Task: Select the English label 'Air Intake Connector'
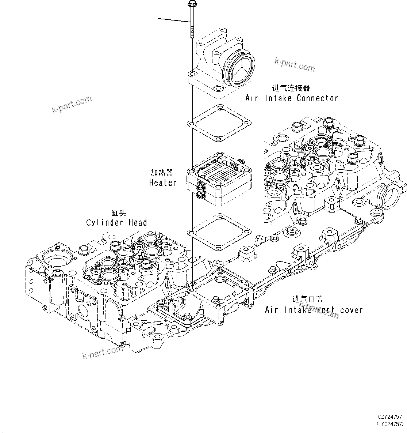point(291,98)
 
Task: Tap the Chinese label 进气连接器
point(291,88)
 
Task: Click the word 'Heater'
point(163,182)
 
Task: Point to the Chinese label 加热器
point(162,173)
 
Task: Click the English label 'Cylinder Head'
point(116,222)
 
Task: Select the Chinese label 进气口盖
point(307,299)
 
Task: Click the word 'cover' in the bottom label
point(351,310)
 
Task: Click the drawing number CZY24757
point(390,417)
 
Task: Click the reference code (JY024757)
point(389,424)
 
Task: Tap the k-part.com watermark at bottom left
point(103,353)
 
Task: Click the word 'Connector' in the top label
point(317,98)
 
